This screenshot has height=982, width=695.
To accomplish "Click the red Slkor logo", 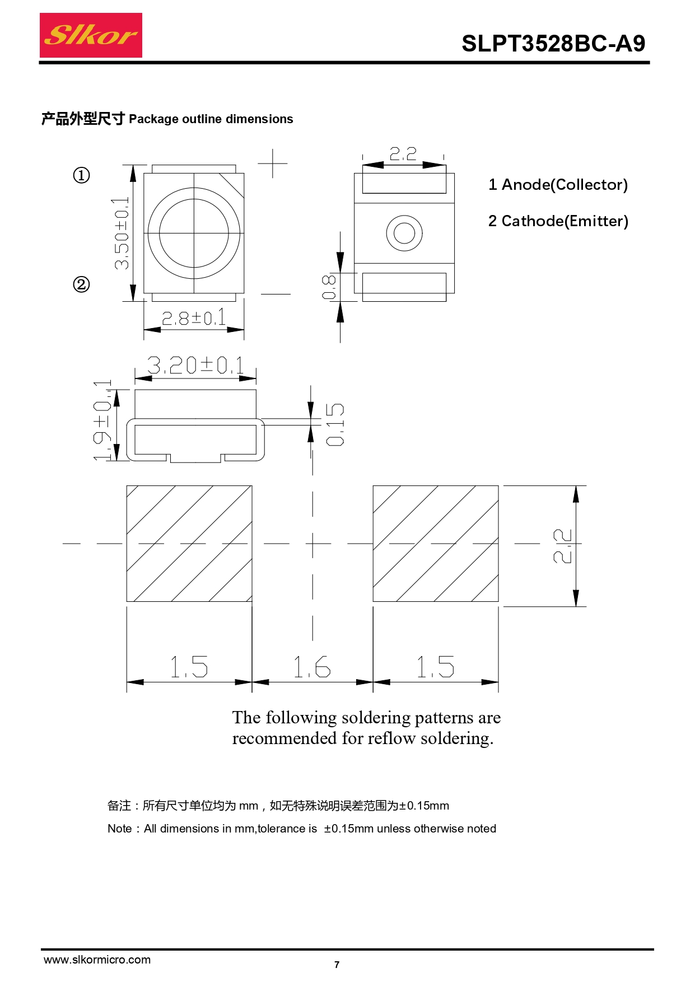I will tap(91, 35).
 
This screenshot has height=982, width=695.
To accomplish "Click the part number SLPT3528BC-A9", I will tap(553, 44).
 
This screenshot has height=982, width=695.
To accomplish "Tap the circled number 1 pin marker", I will tap(81, 175).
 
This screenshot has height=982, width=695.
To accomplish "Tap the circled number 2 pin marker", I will tap(81, 284).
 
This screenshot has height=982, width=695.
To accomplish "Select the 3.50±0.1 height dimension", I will tap(122, 233).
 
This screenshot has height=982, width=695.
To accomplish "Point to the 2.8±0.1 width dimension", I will tap(194, 318).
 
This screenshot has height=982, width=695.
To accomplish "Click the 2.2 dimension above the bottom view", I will tap(403, 153).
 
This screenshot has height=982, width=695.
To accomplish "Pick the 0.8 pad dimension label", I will tap(329, 287).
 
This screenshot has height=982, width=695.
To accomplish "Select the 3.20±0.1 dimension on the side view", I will tap(195, 366).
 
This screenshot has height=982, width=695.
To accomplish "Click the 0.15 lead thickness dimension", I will tap(335, 424).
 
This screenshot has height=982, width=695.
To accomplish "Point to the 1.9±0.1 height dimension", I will tap(103, 420).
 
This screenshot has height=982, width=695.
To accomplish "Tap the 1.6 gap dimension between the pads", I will tap(312, 667).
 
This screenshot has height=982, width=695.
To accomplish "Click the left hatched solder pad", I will tap(189, 544).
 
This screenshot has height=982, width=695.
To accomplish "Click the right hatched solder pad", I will tap(435, 544).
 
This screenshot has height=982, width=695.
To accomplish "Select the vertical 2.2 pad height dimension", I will tap(562, 546).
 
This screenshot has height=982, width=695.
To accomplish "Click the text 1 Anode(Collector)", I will tap(558, 185).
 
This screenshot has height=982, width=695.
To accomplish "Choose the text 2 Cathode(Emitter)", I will tap(558, 221).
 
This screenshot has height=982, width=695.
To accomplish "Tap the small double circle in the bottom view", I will tap(404, 233).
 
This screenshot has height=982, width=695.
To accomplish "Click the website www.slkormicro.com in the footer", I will tap(97, 960).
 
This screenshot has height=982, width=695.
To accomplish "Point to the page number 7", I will tap(337, 965).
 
